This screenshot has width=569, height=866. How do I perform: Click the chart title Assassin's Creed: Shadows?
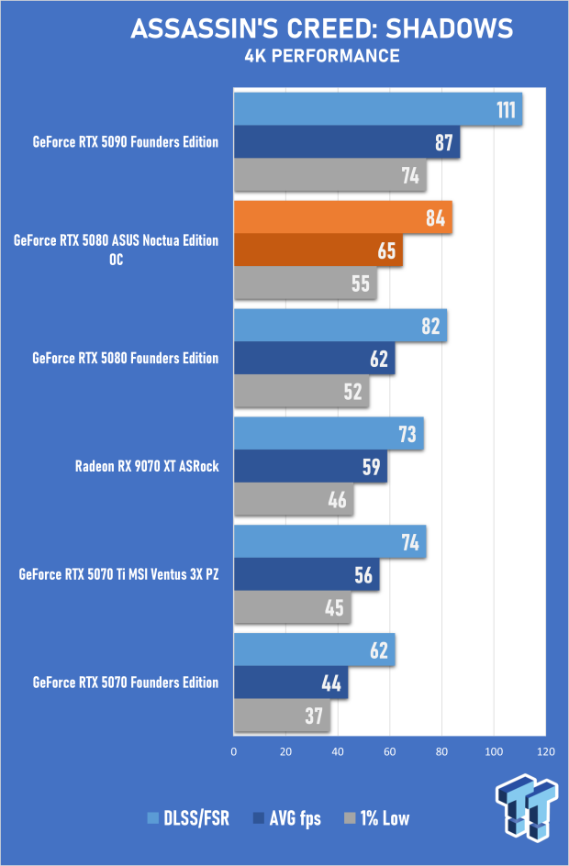point(321,28)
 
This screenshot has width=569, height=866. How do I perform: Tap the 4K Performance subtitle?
point(321,57)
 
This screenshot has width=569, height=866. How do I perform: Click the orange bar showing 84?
point(342,217)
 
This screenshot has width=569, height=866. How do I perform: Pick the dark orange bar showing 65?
point(318,250)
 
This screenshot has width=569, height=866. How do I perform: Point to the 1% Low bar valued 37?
point(282,716)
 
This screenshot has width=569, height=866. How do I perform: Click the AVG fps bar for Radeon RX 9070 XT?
point(310,467)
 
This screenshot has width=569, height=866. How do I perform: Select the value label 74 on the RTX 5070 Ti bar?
point(409,542)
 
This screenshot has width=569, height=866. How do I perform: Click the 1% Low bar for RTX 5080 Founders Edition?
point(301,391)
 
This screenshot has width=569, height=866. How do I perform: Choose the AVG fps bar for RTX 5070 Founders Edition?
point(291,683)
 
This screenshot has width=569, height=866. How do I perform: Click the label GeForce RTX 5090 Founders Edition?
point(126,142)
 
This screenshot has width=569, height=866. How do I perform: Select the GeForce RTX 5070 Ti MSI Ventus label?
point(118,575)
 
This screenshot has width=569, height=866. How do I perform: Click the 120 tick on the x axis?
point(545,752)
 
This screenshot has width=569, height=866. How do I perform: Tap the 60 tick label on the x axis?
point(390,752)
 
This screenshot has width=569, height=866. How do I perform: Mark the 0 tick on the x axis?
point(234,752)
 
